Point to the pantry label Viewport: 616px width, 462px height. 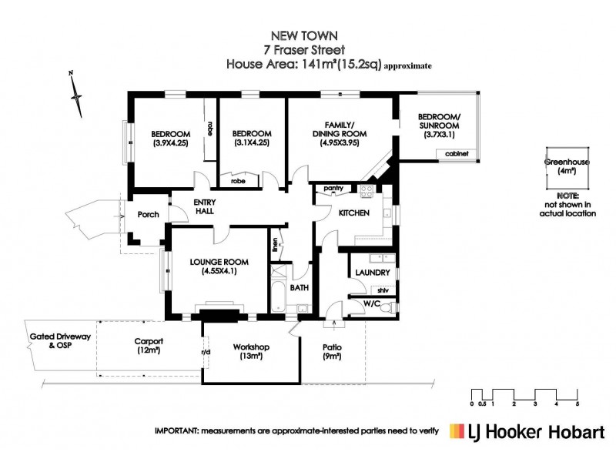tap(333, 188)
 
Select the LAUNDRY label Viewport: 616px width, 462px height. tap(372, 273)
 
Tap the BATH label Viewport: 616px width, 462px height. tap(300, 288)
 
